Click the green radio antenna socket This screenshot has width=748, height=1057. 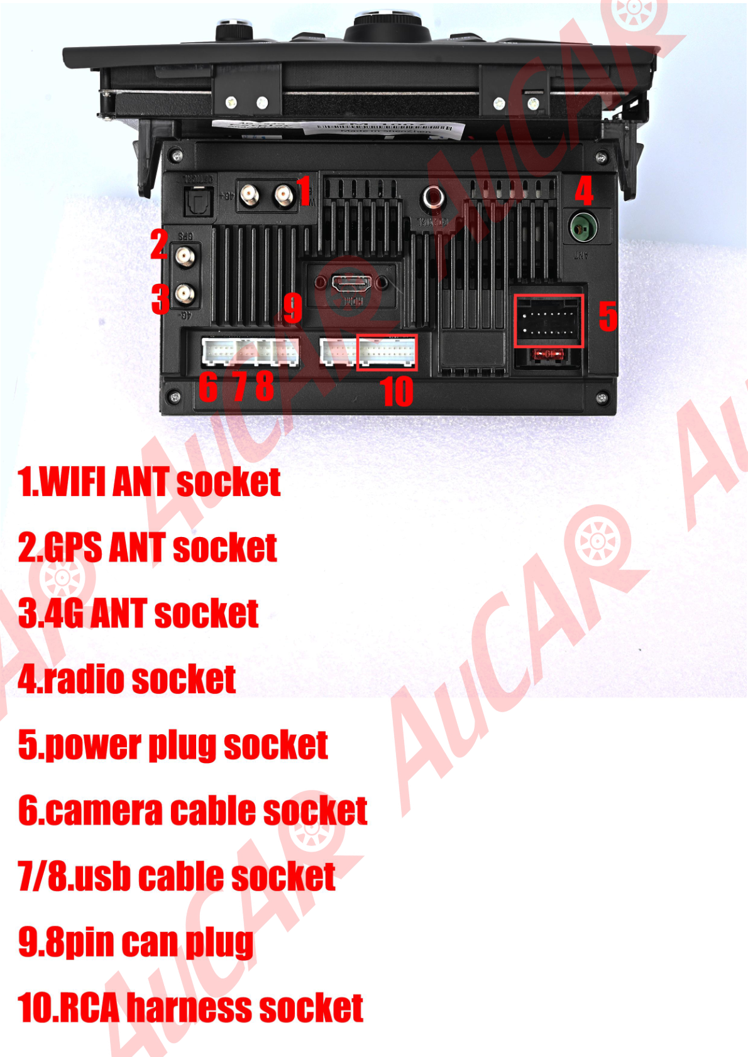[x=583, y=226]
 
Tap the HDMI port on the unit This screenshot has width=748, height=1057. [x=351, y=284]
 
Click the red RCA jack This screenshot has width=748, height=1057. [x=433, y=198]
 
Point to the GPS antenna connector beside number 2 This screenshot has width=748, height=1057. [x=184, y=256]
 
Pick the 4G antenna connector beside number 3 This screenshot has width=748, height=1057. [x=184, y=293]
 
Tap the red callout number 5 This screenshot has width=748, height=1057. [x=607, y=316]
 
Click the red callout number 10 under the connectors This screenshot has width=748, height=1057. [x=397, y=391]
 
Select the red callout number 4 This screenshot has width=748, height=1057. [x=584, y=191]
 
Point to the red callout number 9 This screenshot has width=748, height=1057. [x=292, y=308]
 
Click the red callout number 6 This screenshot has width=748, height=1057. [x=208, y=386]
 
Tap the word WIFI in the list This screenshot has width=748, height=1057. [x=72, y=482]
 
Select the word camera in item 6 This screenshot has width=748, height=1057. [x=104, y=811]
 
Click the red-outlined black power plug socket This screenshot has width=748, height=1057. [x=549, y=320]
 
